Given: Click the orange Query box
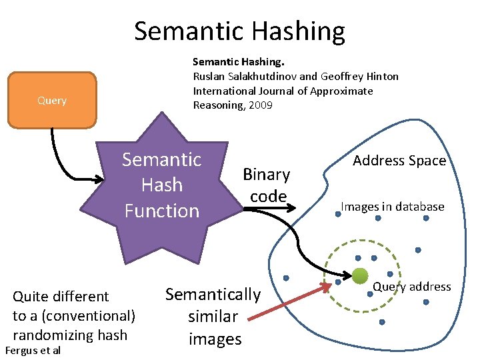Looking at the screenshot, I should tap(52, 100).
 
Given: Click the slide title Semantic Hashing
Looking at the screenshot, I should tap(239, 31).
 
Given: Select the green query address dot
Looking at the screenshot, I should tap(360, 275).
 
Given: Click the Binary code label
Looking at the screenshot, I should tap(267, 185).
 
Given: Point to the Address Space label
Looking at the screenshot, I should tap(399, 160).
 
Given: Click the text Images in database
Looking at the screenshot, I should tap(393, 207).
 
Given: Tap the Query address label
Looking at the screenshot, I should tap(411, 287).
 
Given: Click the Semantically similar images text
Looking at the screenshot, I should tap(213, 317).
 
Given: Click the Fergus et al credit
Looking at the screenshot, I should tap(32, 351).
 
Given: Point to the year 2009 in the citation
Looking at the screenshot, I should tap(261, 105).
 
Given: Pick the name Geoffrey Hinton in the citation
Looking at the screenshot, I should tap(359, 76).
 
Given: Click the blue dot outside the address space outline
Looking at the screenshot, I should tap(286, 277).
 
